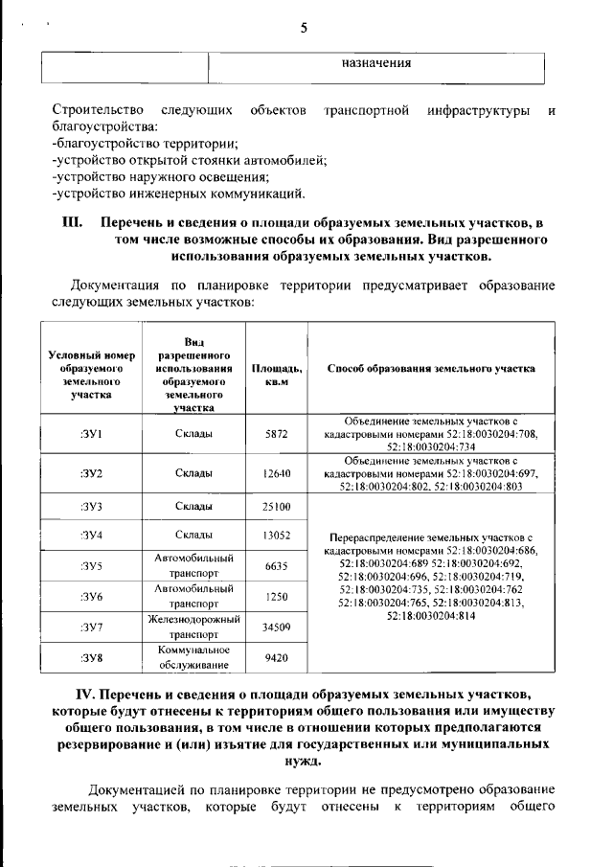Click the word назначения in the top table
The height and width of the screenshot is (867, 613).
pyautogui.click(x=376, y=64)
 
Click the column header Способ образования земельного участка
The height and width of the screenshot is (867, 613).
pyautogui.click(x=431, y=368)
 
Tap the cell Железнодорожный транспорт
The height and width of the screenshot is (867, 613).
pyautogui.click(x=194, y=627)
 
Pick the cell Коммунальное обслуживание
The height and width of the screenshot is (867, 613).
pyautogui.click(x=194, y=658)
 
